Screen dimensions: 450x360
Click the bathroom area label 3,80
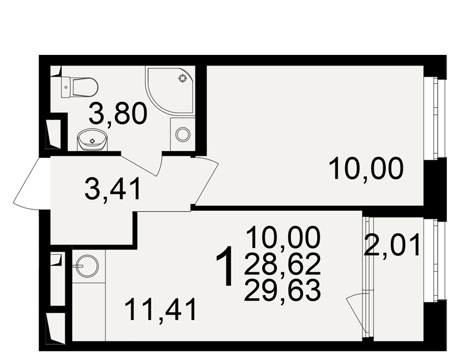[118, 114]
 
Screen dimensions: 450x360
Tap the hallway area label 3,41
[112, 189]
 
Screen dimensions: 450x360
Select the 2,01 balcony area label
[392, 245]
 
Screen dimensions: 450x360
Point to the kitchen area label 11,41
[161, 309]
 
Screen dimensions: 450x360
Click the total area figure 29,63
[282, 290]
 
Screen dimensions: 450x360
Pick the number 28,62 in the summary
[282, 264]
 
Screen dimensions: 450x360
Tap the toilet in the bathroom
[80, 87]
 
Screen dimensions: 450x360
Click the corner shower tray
[170, 91]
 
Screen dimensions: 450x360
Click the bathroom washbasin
[92, 139]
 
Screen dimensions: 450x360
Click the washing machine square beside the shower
[183, 134]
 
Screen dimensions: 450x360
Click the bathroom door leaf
[139, 165]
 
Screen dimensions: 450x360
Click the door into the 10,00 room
[206, 181]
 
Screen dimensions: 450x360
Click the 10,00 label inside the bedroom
[366, 169]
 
